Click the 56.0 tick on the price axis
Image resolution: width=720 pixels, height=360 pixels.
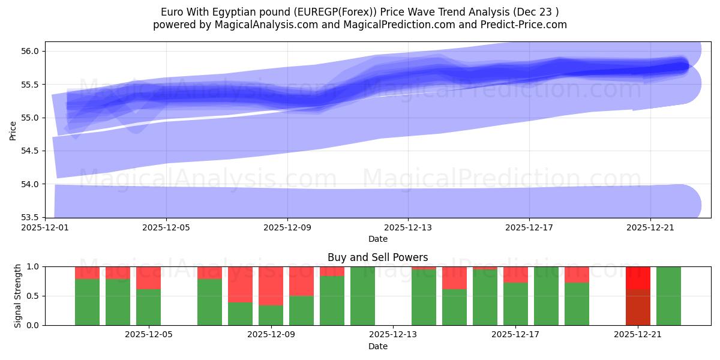30,51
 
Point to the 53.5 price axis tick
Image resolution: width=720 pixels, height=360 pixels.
30,217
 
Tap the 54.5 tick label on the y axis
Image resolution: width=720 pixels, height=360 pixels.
30,151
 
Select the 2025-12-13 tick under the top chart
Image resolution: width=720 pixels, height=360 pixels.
408,227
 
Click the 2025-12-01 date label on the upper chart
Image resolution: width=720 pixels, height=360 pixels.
45,227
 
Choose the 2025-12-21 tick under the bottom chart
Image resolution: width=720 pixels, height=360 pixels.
637,335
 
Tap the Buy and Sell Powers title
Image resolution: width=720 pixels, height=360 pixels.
377,257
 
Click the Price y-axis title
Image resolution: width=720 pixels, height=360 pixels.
13,130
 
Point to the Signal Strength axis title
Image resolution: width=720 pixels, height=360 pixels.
17,296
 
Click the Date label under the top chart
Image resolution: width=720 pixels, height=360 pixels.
377,239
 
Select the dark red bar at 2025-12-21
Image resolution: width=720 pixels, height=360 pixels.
638,307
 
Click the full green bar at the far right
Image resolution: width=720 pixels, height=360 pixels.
668,296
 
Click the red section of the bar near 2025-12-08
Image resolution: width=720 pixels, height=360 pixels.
240,284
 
